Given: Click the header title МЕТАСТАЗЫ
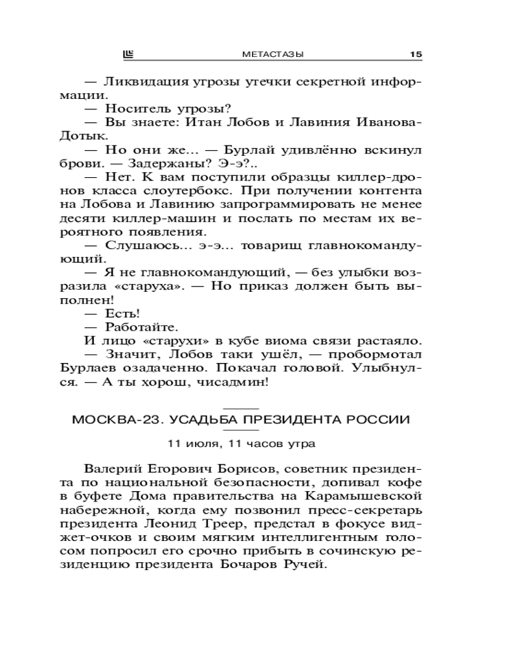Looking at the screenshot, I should click(273, 54).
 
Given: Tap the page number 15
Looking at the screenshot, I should click(416, 54).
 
